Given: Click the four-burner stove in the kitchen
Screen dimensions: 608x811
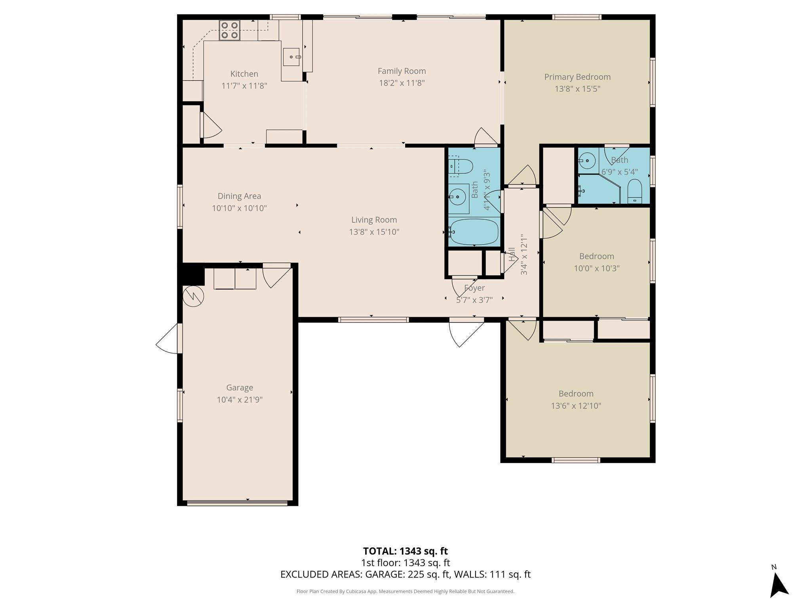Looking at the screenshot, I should [230, 30].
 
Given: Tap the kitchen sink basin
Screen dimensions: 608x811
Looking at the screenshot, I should [292, 57].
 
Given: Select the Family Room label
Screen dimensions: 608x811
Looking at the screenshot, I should [402, 71].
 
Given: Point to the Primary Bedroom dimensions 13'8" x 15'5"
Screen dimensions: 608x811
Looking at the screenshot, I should [577, 89].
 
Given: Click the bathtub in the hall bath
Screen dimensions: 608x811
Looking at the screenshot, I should [474, 232].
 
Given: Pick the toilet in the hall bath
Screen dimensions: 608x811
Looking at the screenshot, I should [461, 167].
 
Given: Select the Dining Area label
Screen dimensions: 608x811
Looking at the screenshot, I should [239, 196].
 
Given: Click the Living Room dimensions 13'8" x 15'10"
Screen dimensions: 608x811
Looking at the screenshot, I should [374, 232].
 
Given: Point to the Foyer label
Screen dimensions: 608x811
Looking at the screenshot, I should [474, 288].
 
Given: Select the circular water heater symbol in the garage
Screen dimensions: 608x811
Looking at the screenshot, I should [193, 296].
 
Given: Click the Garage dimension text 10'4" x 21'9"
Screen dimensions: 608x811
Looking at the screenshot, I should [240, 400].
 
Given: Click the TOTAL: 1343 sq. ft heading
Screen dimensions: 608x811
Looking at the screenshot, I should [405, 551].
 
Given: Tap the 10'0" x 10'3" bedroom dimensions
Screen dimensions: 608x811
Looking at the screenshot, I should [596, 268].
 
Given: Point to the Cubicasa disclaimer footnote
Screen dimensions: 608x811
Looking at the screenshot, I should [405, 591].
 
